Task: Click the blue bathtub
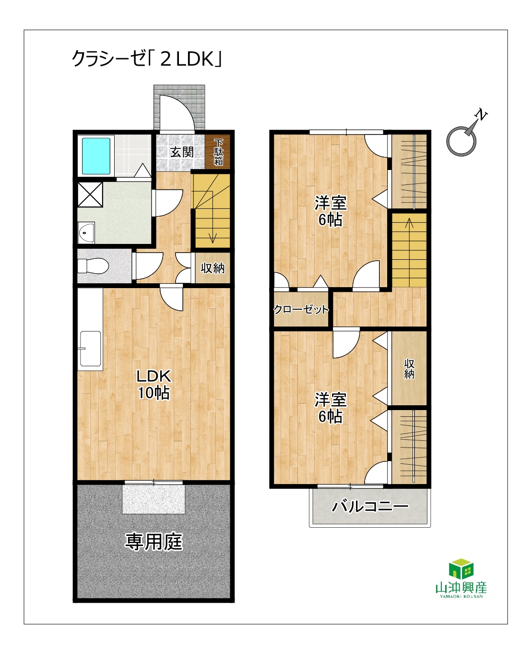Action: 96,156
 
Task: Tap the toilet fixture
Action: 93,266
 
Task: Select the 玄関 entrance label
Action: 182,152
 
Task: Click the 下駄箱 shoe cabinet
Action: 218,152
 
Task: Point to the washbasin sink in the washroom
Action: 86,232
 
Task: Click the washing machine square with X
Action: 90,194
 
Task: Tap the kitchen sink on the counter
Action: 91,349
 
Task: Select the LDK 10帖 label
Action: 154,385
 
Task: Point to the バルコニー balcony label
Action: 370,507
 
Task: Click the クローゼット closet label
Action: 301,309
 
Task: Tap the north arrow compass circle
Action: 461,141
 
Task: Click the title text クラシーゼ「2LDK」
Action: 147,59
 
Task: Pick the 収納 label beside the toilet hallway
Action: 213,268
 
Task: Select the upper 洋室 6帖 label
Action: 330,211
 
